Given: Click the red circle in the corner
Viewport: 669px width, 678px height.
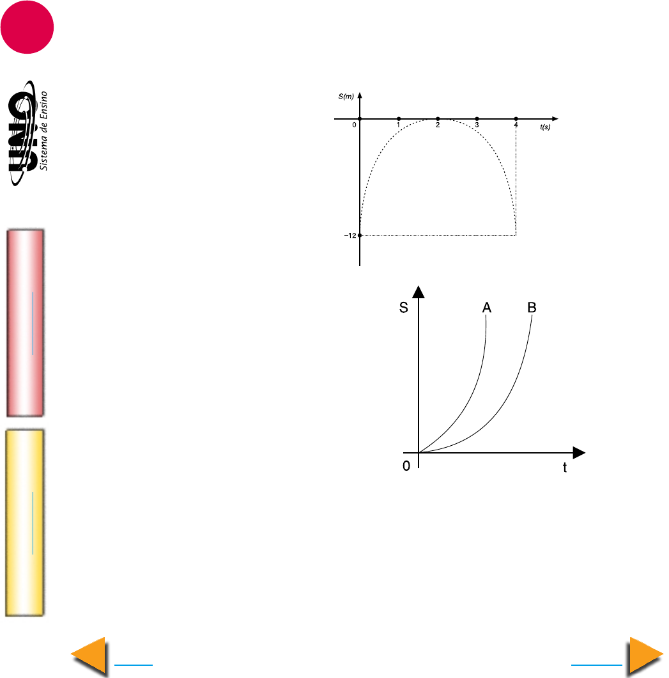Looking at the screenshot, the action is [27, 27].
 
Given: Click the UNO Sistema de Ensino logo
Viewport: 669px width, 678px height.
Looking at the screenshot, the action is [28, 133].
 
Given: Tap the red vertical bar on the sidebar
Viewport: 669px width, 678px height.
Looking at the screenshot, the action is [25, 323].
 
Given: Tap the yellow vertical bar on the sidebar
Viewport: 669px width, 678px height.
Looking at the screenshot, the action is [25, 523].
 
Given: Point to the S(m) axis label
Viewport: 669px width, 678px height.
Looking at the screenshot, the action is [346, 97].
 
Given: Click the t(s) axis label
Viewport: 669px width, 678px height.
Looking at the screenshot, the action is [545, 127].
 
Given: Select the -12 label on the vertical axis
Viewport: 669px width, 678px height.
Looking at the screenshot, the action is [350, 235].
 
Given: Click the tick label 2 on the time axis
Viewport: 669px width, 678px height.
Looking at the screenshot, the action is [438, 125].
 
